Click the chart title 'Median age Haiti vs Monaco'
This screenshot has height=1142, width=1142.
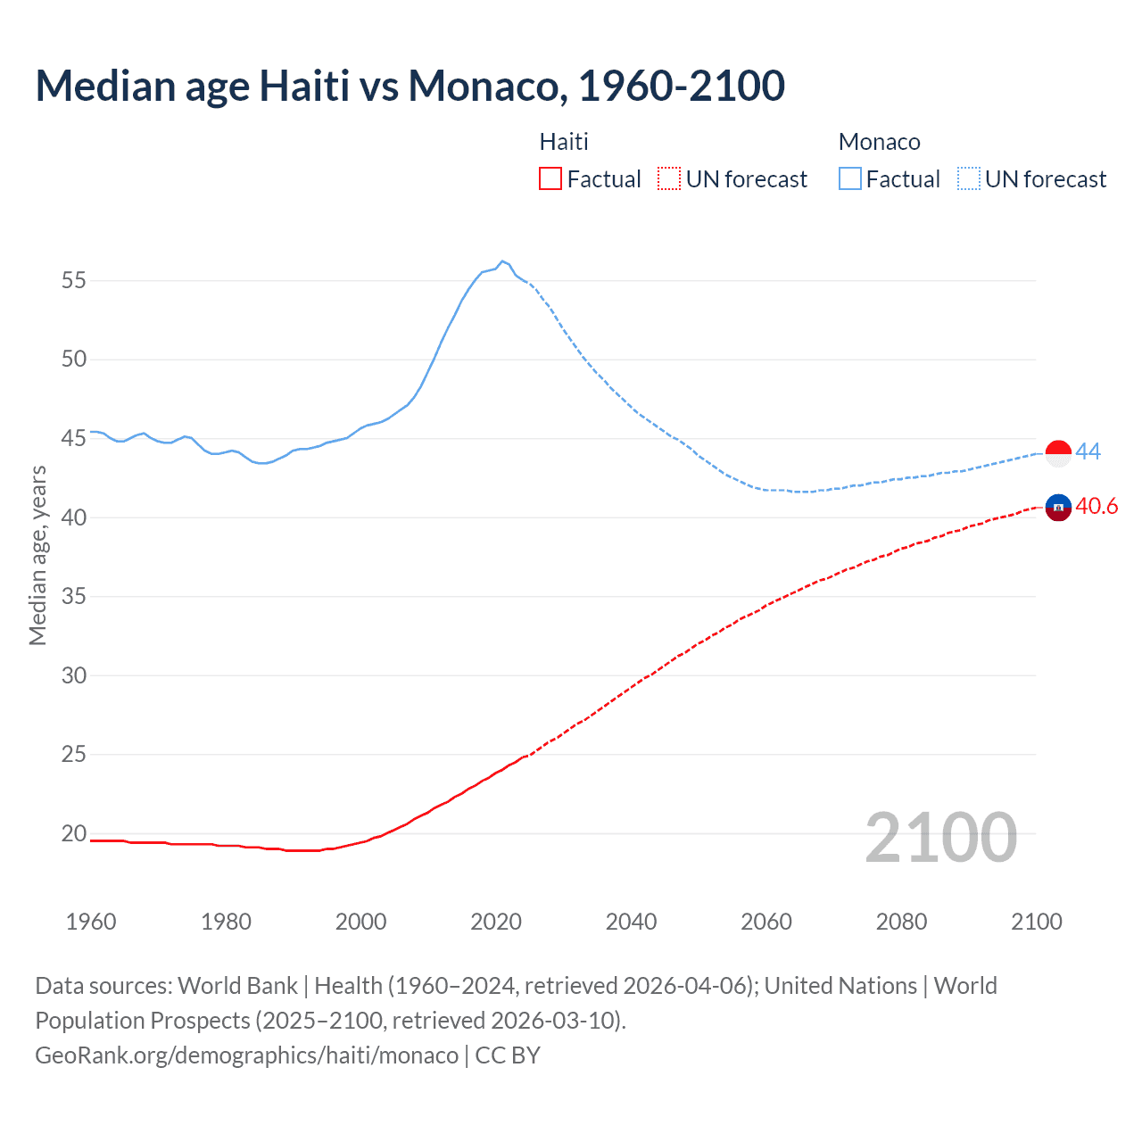410,86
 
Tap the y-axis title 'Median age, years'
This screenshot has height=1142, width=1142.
37,555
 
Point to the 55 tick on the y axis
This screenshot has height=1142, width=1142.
74,280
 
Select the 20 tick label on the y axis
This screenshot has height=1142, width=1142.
74,833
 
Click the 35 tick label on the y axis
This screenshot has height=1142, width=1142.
74,596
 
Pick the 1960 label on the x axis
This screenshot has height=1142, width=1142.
91,922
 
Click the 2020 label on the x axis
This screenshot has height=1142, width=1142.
496,922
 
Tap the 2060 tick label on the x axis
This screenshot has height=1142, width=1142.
766,922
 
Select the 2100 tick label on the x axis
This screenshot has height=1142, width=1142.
1036,922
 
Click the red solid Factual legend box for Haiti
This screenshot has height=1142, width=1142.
550,179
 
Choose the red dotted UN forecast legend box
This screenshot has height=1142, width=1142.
669,179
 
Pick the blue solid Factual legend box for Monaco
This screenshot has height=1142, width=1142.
850,179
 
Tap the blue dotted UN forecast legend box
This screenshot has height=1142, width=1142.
968,179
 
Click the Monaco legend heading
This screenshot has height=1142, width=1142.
879,142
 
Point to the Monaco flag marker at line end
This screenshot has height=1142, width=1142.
1058,453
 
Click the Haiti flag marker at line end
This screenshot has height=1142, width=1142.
1058,508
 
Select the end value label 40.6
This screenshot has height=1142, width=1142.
1096,507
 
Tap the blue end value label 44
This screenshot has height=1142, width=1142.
1088,451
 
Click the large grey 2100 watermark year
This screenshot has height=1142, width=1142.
940,837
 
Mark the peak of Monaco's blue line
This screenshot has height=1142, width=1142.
502,261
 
